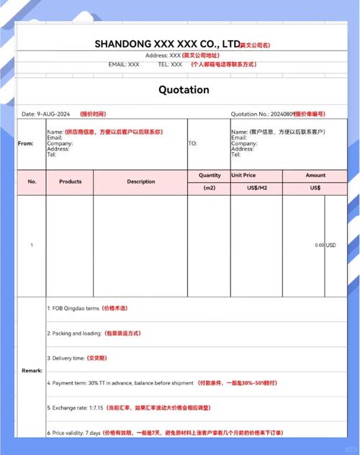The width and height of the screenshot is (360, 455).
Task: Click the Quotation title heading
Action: click(184, 90)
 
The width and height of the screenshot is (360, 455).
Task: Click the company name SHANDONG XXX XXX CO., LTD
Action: click(167, 44)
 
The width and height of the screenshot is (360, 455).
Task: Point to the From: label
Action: click(26, 143)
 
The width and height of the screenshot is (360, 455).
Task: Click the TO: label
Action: click(192, 143)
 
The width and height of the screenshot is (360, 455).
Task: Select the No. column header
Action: click(32, 181)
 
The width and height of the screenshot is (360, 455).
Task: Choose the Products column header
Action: click(70, 181)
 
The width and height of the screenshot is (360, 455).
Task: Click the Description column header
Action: click(141, 181)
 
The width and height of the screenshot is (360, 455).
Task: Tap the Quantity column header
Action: click(210, 175)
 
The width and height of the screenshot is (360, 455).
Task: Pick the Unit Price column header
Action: click(243, 175)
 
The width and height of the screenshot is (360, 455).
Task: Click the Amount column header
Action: click(315, 175)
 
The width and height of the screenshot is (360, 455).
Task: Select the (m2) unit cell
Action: click(210, 188)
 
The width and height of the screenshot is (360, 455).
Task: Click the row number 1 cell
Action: click(32, 245)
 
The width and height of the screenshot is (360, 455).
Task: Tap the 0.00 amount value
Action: click(319, 245)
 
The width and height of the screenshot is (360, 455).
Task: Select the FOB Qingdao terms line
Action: click(73, 308)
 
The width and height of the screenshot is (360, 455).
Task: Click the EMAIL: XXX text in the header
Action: click(124, 64)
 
